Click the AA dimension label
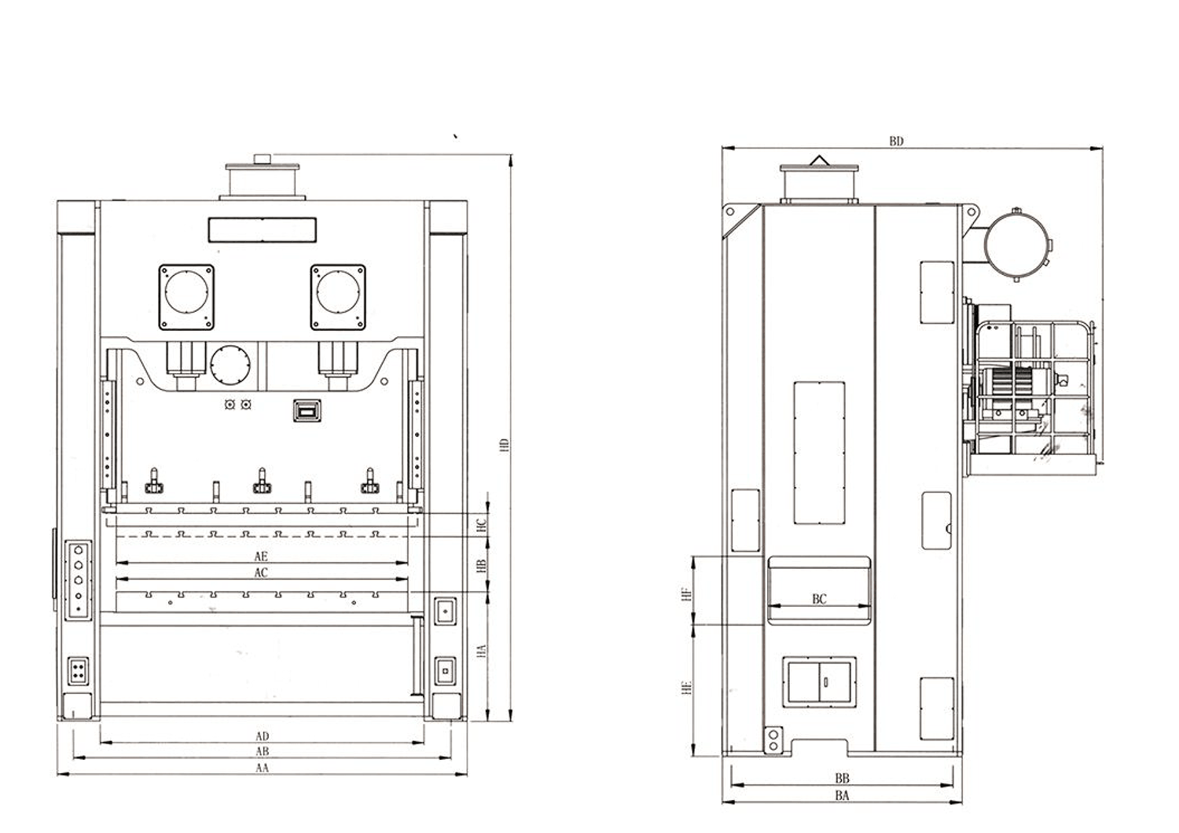tap(262, 768)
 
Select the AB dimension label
tap(262, 751)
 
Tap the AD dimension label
tap(262, 736)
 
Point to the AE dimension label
tap(261, 556)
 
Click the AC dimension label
tap(261, 573)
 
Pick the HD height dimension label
tap(505, 445)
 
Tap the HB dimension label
tap(480, 567)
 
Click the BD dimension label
tap(896, 141)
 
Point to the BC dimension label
tap(819, 599)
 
